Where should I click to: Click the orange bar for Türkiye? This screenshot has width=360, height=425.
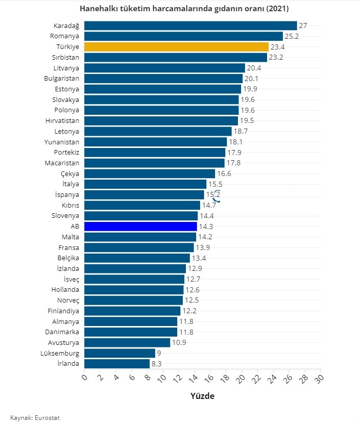[176, 46]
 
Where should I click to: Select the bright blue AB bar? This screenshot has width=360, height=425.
[140, 226]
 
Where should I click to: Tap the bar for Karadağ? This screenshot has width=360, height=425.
[190, 26]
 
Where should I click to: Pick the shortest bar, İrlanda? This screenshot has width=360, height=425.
[117, 363]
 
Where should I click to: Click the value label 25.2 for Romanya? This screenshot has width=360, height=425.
[292, 36]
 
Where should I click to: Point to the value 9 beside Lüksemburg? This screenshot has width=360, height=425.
[160, 353]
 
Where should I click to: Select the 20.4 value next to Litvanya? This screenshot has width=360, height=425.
[254, 68]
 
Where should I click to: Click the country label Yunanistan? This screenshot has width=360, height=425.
[62, 142]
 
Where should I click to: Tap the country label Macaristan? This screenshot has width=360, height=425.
[62, 163]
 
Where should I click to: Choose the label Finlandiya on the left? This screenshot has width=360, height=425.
[63, 311]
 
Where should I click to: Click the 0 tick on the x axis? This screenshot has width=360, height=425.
[85, 378]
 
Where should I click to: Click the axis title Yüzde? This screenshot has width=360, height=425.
[202, 396]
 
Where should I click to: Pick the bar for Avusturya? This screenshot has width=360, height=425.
[127, 342]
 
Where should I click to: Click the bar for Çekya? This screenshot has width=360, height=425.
[150, 173]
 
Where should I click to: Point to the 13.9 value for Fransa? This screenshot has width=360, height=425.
[203, 247]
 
